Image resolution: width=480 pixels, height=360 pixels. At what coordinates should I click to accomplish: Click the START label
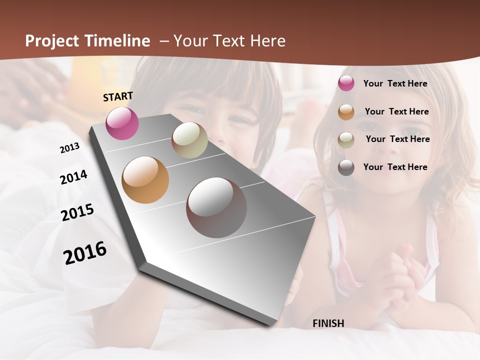point(118,96)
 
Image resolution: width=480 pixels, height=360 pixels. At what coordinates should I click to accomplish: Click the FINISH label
point(328,323)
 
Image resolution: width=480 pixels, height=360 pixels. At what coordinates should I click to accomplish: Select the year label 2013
point(69,148)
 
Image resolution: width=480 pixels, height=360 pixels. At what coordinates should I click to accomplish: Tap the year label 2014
point(73,177)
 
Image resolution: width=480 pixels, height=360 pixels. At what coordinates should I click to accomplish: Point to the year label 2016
point(85,252)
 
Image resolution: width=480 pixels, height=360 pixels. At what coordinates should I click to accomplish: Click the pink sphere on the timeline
point(122,123)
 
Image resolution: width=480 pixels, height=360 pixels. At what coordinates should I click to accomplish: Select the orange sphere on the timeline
point(145,180)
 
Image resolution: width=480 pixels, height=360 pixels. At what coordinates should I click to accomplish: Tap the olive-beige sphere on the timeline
point(189,140)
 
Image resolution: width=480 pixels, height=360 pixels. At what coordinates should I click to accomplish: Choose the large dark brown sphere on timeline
point(216,207)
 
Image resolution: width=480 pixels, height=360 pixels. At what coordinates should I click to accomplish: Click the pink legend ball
point(346,83)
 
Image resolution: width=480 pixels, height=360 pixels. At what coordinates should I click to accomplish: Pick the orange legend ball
point(346,112)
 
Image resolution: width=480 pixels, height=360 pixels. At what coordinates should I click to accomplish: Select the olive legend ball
point(346,140)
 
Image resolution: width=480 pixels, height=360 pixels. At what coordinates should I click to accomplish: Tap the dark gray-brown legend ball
point(346,167)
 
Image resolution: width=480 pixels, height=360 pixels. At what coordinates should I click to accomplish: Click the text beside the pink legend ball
point(395,83)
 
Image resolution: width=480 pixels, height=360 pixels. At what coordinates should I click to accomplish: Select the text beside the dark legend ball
point(395,167)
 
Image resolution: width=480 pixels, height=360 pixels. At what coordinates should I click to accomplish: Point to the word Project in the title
point(52,41)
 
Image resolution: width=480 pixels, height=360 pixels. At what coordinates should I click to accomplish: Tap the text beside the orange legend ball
point(396,111)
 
